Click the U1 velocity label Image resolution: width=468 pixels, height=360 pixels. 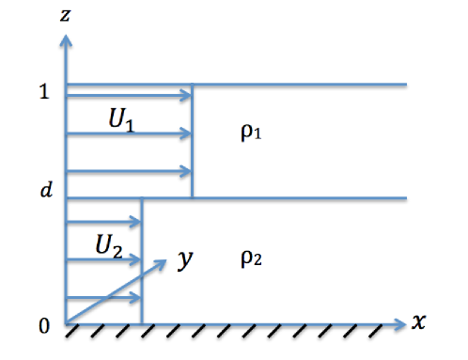(x=121, y=124)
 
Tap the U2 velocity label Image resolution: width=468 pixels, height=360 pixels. (x=109, y=246)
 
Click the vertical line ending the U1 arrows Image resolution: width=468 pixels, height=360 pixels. (x=193, y=141)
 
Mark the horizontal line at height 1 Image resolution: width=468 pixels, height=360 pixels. (x=301, y=85)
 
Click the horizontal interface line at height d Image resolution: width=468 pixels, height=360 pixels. (x=301, y=197)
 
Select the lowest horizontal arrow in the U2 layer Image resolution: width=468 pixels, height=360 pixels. (x=103, y=299)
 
